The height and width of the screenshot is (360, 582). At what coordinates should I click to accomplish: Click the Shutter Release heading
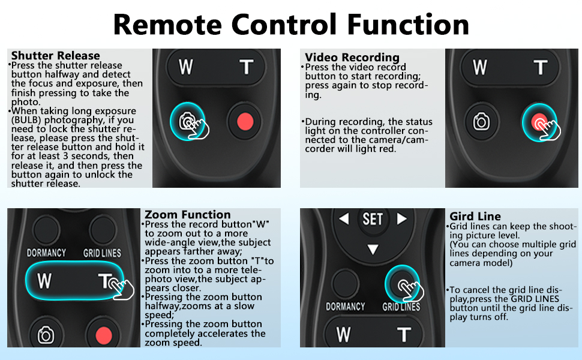55,56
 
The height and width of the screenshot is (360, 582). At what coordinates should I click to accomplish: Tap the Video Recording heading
352,58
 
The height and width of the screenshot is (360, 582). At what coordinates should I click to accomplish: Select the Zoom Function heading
188,214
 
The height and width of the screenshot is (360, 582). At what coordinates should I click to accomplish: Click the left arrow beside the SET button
344,219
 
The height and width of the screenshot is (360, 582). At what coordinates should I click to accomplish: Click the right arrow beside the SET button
401,219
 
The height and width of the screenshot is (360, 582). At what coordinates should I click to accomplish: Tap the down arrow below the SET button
373,249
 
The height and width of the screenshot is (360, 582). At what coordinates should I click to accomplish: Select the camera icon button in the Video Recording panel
481,122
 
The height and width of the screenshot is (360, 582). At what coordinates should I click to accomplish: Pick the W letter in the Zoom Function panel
44,280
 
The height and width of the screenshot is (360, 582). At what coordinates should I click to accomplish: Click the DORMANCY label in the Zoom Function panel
46,253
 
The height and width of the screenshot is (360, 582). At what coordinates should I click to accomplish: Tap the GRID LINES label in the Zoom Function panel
102,253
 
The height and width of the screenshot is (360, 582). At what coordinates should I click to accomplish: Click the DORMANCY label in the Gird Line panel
345,307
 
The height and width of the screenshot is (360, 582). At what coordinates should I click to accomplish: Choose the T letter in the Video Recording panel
541,67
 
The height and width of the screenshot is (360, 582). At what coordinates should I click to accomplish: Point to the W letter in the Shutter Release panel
186,67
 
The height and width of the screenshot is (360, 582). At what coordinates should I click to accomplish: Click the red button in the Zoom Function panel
104,334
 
